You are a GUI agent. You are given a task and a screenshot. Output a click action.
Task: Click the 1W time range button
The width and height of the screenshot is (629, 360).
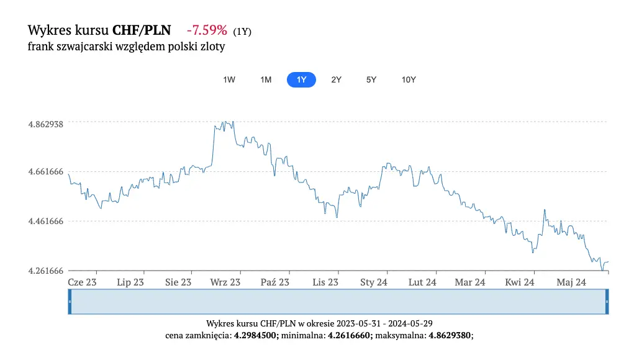point(229,80)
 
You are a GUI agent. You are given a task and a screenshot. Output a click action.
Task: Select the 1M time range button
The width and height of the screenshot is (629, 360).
point(266,80)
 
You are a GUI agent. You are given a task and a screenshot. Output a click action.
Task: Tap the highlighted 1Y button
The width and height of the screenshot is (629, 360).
point(301,80)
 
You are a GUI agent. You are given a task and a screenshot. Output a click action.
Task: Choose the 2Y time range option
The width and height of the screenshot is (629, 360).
point(336,80)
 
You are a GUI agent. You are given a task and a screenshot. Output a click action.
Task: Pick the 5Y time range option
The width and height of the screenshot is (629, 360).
point(371,80)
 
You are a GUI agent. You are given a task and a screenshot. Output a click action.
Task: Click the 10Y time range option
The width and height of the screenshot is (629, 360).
point(409,80)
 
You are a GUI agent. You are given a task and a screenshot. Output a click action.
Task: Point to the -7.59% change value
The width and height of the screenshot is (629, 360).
point(207,30)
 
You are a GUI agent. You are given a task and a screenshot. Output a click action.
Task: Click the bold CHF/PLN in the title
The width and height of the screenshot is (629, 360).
point(142,30)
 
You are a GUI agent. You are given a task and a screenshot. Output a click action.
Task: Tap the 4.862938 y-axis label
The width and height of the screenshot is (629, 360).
point(46,124)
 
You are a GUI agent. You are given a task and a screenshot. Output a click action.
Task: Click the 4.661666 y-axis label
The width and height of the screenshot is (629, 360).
point(46,171)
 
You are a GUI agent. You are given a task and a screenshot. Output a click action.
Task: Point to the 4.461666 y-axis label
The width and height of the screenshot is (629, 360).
point(46,222)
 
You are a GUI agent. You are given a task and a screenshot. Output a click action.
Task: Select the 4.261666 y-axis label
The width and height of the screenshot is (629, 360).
point(46,271)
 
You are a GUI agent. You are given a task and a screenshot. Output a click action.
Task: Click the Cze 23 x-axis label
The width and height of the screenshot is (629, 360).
point(82,282)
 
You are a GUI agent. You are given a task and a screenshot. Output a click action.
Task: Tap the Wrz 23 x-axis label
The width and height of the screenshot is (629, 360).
point(225,282)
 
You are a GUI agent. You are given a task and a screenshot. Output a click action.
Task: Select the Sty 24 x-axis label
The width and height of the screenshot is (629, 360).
point(374,282)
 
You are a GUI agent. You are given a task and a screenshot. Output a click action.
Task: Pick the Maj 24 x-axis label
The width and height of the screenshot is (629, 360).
point(571,282)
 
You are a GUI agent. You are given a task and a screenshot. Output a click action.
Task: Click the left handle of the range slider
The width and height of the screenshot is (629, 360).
point(70,302)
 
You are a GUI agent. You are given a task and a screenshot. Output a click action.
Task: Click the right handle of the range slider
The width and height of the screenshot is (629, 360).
point(607,302)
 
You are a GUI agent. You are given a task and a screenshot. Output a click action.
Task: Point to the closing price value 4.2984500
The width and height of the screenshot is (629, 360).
point(256,336)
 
